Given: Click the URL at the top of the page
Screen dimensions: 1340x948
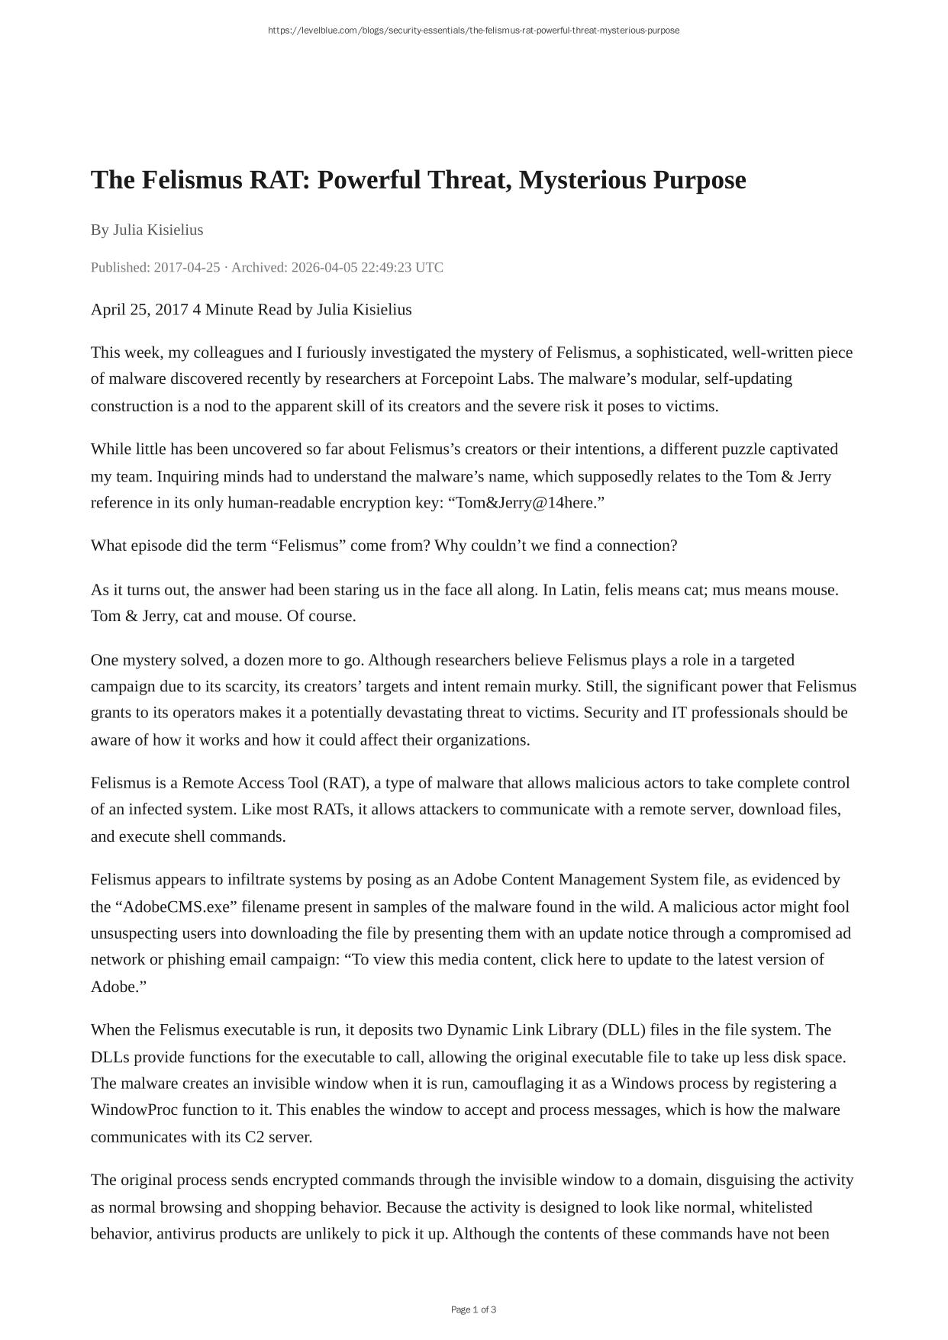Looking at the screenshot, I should (x=473, y=31).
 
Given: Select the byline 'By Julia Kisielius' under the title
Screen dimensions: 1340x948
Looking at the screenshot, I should (x=147, y=230).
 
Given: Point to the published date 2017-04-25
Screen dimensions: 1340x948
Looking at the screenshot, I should (x=187, y=267).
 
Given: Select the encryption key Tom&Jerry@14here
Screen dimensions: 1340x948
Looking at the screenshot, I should (x=524, y=502).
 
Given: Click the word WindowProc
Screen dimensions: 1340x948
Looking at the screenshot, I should (x=134, y=1110).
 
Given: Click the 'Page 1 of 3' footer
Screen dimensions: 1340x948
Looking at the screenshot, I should (x=473, y=1309).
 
